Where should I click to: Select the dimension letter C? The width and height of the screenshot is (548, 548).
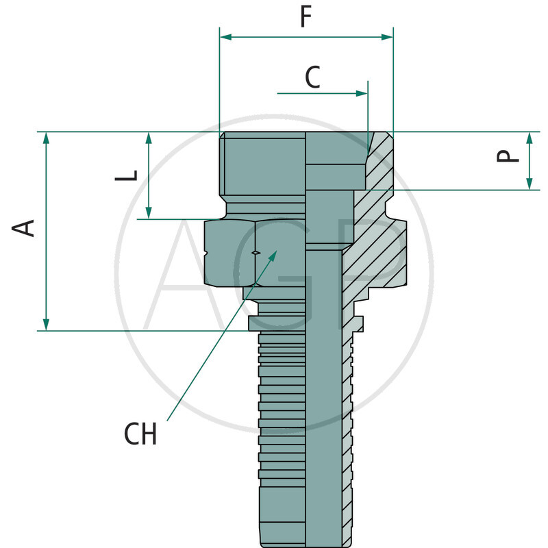pos(312,78)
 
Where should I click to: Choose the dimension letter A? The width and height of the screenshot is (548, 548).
pos(25,228)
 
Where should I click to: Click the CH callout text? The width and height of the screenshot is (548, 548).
pos(140,434)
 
